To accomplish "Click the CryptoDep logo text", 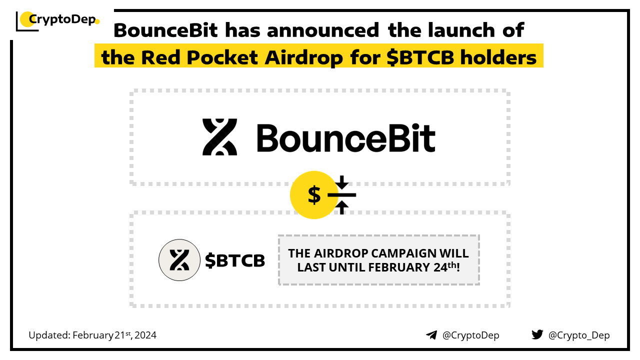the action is pos(62,19).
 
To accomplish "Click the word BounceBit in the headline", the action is pos(165,30).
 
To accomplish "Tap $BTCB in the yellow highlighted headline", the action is pos(420,57).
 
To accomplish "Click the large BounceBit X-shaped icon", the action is pos(219,137).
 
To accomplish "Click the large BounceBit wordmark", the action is pos(346,137).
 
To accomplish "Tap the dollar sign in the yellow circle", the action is pos(314,195).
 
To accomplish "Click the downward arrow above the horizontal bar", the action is pos(341,182).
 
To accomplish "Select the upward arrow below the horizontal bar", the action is pos(341,207).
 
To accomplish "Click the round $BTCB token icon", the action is pos(179,260).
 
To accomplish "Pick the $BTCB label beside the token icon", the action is pos(235,260).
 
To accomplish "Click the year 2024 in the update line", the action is pos(145,335).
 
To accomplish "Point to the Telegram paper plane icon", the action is pos(431,335).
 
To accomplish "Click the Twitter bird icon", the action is pos(537,334).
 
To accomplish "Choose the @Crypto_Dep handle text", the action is pos(579,335).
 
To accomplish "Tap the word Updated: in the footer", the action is pos(49,335).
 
